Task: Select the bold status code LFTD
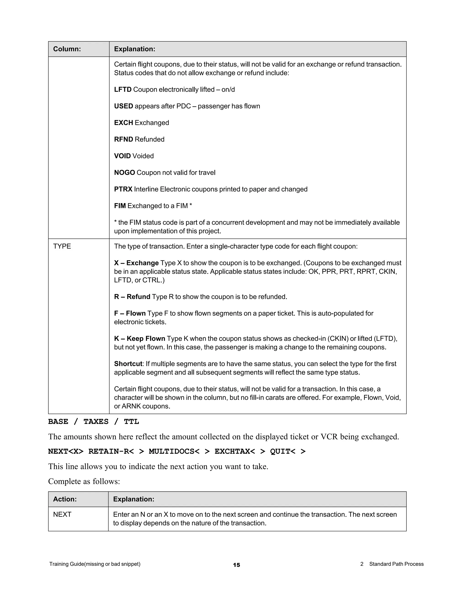pyautogui.click(x=122, y=89)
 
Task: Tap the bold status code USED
pyautogui.click(x=123, y=106)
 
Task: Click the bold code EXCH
pyautogui.click(x=123, y=123)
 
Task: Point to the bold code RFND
pyautogui.click(x=123, y=139)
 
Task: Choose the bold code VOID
pyautogui.click(x=122, y=156)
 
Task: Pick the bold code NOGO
pyautogui.click(x=125, y=173)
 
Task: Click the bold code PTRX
pyautogui.click(x=123, y=189)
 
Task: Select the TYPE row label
pyautogui.click(x=62, y=246)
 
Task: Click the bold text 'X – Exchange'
pyautogui.click(x=136, y=263)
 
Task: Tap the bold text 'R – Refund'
pyautogui.click(x=132, y=297)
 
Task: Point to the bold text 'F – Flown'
pyautogui.click(x=130, y=313)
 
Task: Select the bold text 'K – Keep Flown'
pyautogui.click(x=139, y=339)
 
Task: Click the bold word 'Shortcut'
pyautogui.click(x=128, y=364)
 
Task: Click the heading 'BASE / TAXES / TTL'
pyautogui.click(x=93, y=422)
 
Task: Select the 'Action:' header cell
pyautogui.click(x=65, y=499)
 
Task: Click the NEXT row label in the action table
pyautogui.click(x=62, y=514)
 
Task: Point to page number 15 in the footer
pyautogui.click(x=237, y=565)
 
